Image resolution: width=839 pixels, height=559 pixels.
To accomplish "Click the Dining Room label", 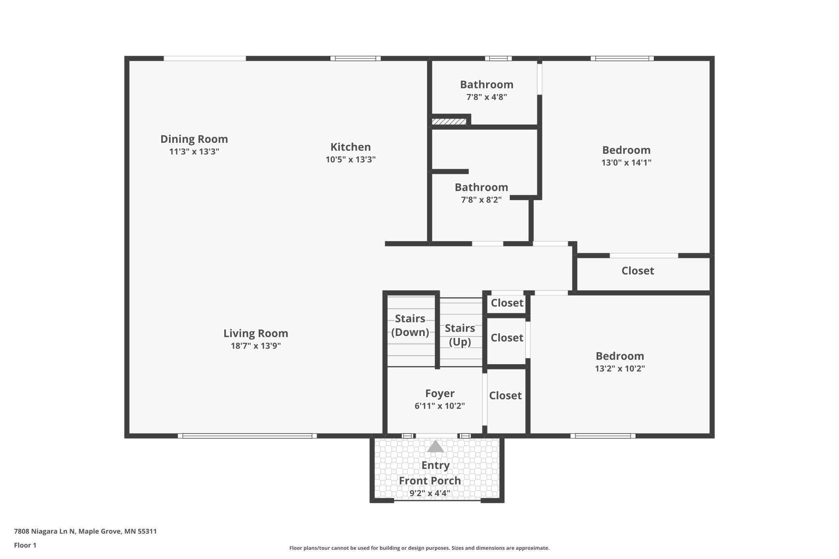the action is click(194, 139).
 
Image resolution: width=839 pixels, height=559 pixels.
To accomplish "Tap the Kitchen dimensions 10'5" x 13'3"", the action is click(351, 159).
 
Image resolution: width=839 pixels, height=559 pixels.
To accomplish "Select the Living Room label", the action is click(256, 334).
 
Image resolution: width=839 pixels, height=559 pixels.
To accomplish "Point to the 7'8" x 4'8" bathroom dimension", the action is click(486, 97).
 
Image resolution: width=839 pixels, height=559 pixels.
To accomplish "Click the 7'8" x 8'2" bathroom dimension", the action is click(481, 200).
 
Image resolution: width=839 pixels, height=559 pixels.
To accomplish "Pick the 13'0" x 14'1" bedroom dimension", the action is click(626, 163).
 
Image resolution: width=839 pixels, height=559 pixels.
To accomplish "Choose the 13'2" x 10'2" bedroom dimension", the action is click(620, 369).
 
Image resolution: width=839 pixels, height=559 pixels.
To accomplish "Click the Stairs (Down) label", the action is click(410, 325).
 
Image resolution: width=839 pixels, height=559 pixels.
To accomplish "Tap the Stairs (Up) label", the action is click(460, 335).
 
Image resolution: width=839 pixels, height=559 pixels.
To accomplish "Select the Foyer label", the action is click(440, 394).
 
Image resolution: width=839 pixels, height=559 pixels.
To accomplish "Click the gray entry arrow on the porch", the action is click(435, 446).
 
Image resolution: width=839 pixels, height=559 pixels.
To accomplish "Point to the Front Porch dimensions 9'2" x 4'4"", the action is click(430, 493).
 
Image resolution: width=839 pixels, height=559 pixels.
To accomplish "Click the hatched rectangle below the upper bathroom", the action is click(449, 121).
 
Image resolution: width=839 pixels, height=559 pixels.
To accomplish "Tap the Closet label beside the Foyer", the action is click(505, 396).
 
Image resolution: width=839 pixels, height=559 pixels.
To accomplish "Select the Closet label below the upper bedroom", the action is click(637, 271).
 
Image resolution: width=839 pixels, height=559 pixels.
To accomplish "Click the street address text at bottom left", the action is click(85, 531).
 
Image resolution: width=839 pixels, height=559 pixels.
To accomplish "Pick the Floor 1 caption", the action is click(25, 545).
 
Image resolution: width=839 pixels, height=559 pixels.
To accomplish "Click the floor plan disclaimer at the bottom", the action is click(419, 548).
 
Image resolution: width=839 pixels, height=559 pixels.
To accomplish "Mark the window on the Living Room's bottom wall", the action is click(247, 436).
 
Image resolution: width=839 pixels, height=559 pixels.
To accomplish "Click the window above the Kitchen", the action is click(355, 58).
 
